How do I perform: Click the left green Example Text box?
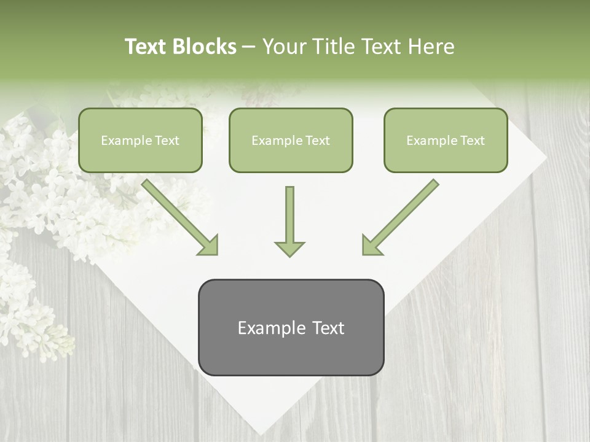(140, 141)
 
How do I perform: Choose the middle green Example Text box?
(291, 141)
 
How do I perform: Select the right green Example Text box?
(446, 141)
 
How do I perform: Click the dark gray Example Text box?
(291, 328)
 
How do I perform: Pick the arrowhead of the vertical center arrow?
(289, 249)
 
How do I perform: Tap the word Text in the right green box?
(471, 141)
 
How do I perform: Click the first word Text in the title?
(147, 47)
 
